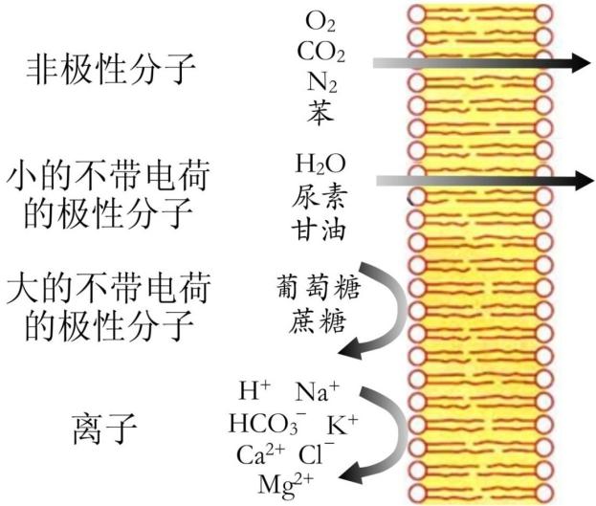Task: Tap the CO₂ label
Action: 321,52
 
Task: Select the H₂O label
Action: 320,165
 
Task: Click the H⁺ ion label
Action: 254,391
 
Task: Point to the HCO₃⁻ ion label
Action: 265,423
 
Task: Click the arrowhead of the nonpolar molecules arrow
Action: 577,63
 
